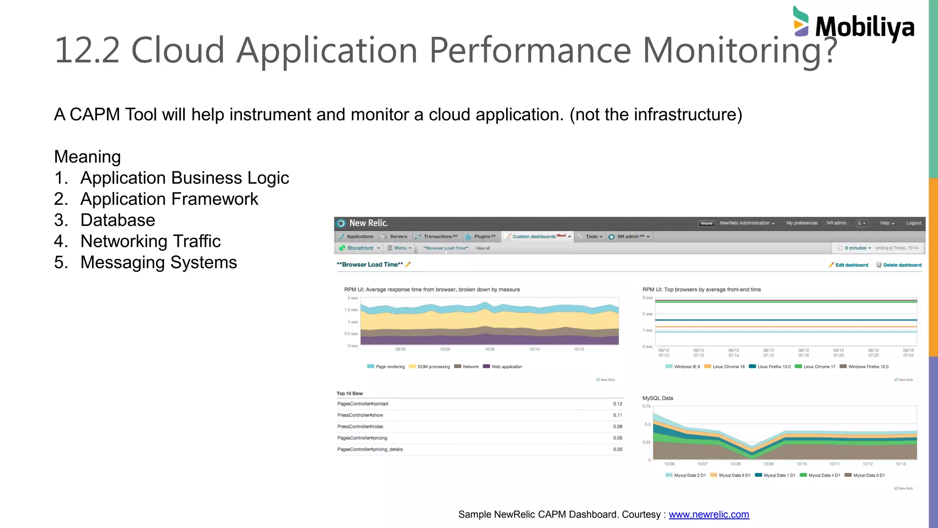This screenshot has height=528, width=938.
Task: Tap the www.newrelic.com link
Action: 709,515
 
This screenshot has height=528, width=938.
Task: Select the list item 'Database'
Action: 118,220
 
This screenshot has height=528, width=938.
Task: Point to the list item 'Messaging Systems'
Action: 158,263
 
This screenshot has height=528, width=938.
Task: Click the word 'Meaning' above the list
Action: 87,157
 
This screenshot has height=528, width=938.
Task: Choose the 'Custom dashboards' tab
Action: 534,236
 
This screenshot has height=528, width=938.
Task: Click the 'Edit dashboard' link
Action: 851,265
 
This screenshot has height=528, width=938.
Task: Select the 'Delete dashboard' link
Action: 902,265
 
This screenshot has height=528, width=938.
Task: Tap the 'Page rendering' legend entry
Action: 390,367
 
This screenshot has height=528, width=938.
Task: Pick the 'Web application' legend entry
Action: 507,367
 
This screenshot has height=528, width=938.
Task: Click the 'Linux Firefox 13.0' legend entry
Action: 774,367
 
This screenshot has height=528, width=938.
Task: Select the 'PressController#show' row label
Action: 360,415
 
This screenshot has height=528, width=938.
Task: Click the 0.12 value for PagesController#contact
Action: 617,404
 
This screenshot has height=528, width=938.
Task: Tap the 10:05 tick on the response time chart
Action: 490,349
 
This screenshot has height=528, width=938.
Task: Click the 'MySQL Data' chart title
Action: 658,398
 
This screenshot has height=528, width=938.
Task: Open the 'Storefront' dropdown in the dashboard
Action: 360,248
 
